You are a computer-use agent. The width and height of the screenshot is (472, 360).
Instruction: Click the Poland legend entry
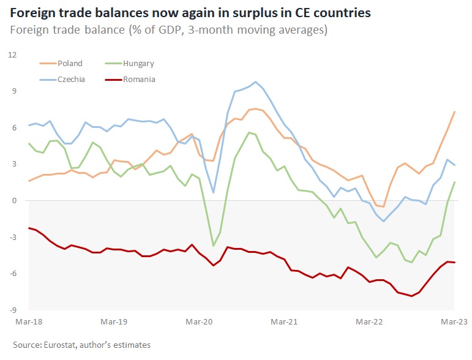point(70,63)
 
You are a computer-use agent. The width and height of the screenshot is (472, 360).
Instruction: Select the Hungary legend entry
point(138,63)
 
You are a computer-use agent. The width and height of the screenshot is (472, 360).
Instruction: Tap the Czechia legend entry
point(71,79)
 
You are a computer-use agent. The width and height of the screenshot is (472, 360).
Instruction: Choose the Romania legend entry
point(139,79)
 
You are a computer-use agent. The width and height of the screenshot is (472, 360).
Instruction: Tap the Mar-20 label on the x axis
point(199,320)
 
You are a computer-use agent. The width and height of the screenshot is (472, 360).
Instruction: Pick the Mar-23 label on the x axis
point(454,320)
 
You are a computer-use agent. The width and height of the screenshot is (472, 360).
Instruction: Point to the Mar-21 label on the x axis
point(283,320)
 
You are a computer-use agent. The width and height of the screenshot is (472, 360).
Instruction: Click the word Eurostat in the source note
point(64,345)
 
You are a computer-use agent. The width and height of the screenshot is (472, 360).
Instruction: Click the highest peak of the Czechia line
point(255,82)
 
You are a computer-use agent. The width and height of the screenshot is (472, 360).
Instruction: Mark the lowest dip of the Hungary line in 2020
point(213,246)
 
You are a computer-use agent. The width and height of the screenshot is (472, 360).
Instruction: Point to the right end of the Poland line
point(454,111)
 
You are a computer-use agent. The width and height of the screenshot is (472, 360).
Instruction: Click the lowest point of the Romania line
point(411,296)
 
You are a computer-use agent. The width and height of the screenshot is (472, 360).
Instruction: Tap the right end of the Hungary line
point(454,182)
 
